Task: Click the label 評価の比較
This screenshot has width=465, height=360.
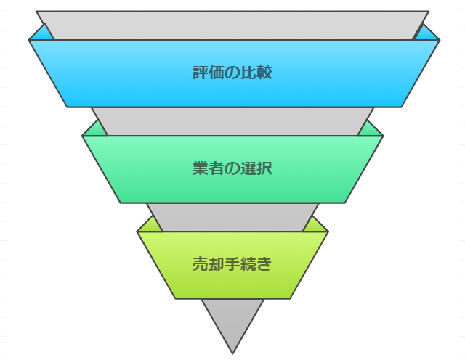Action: point(232,73)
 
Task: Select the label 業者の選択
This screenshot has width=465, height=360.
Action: point(232,168)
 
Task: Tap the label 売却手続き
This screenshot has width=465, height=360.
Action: point(232,263)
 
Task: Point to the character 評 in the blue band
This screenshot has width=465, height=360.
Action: point(201,73)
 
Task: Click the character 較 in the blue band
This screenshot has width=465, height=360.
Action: point(264,73)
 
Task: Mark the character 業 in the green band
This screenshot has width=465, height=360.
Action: point(201,168)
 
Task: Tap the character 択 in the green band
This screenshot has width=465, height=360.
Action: point(264,168)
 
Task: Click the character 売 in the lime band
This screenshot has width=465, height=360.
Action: point(201,263)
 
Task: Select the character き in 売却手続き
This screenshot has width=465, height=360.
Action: point(264,263)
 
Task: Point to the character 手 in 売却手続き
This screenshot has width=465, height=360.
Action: point(232,263)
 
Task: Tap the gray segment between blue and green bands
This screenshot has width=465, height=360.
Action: point(232,121)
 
